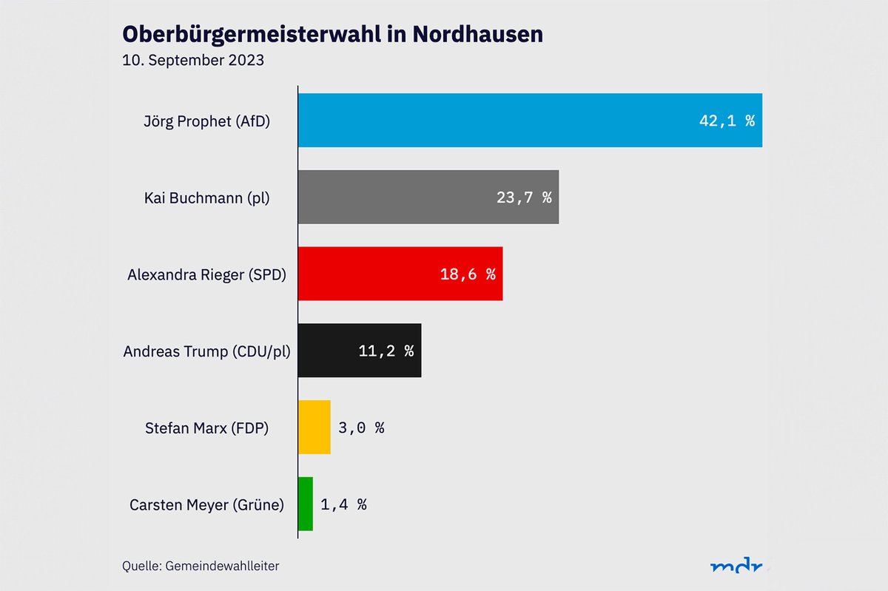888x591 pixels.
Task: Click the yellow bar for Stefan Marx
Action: tap(314, 428)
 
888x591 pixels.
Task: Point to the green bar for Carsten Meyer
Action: tap(306, 504)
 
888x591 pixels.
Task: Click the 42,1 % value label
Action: tap(727, 121)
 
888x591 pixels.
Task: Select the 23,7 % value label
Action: tap(524, 197)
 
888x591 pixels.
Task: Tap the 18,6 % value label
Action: tap(468, 274)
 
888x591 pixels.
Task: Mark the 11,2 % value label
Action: tap(386, 351)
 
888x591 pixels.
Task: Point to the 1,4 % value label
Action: tap(343, 504)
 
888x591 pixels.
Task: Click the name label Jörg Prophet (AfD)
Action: tap(206, 121)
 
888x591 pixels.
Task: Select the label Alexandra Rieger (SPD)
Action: tap(206, 274)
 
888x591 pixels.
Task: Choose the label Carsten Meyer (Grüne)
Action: tap(206, 505)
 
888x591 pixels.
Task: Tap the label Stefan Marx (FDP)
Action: tap(206, 428)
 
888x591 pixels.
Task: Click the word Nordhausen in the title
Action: tap(477, 34)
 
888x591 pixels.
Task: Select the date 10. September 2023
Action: tap(193, 61)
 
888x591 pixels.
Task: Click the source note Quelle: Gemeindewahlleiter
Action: tap(201, 566)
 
